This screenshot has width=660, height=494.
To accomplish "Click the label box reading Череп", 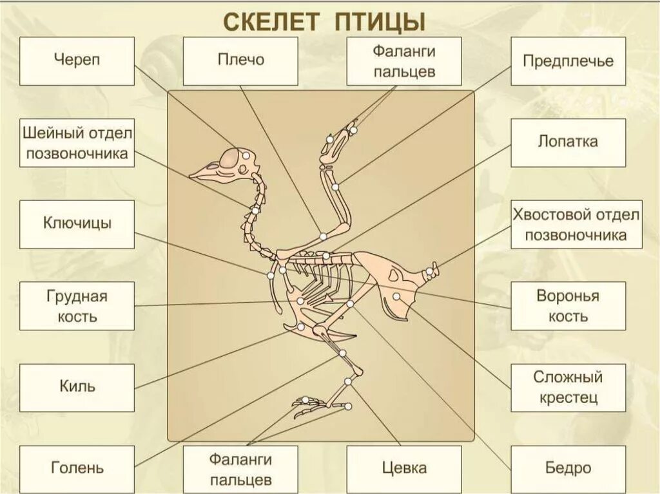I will tap(77, 61).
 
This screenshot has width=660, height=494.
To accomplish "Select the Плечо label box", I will tap(240, 61).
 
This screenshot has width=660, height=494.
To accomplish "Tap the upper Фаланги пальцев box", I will tap(404, 61).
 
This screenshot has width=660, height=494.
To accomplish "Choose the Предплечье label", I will tap(568, 61).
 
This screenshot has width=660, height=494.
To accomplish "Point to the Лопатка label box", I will tap(568, 142).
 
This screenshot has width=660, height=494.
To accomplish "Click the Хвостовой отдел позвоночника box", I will tap(577, 224).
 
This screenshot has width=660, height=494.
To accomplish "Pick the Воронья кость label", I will tap(568, 306).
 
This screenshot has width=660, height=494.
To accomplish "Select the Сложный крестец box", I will tap(568, 387).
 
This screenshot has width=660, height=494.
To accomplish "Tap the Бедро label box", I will tap(568, 468).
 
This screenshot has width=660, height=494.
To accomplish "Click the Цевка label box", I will tap(404, 468).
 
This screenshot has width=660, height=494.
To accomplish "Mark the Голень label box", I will tap(77, 468).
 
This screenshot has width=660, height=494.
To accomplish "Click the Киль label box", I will tap(77, 387).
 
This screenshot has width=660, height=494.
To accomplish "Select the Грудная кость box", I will tap(77, 306).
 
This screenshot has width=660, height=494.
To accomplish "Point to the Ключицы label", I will tap(77, 224).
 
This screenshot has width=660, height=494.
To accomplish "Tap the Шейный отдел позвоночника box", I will tap(77, 142).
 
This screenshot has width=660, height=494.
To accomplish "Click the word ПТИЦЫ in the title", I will tap(380, 21).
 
